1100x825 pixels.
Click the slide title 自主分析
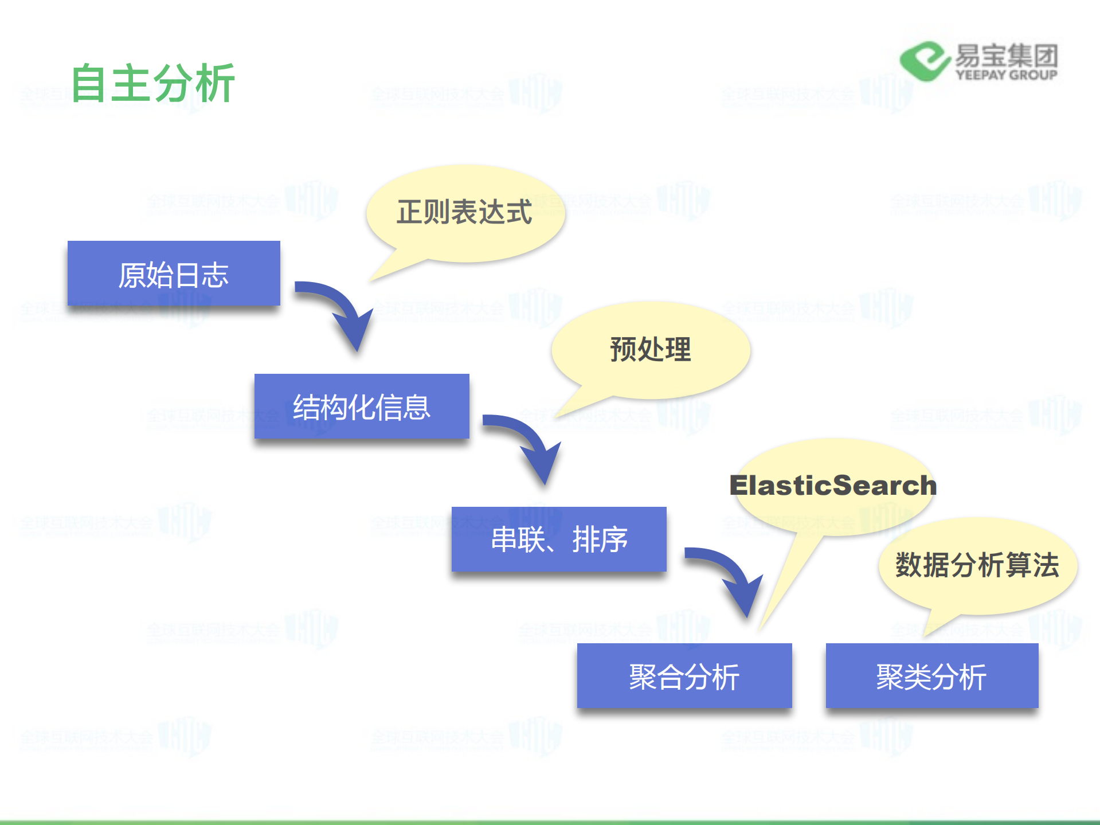point(152,84)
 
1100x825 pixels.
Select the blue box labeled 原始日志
point(174,273)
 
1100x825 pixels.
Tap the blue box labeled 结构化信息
point(362,406)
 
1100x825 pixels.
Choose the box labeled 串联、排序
point(559,539)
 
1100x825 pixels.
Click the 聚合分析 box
point(684,676)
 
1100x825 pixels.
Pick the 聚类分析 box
point(932,676)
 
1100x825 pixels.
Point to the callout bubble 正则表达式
point(465,212)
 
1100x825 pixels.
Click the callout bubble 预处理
point(651,349)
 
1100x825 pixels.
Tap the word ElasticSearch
point(832,486)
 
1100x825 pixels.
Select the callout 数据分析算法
point(977,565)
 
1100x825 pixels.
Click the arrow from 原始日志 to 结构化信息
point(341,310)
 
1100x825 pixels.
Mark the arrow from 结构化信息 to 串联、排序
point(529,443)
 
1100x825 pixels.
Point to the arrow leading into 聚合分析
point(731,576)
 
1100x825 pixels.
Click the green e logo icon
point(924,61)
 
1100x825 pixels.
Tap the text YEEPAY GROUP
point(1006,75)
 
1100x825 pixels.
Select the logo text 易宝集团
point(1006,56)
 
